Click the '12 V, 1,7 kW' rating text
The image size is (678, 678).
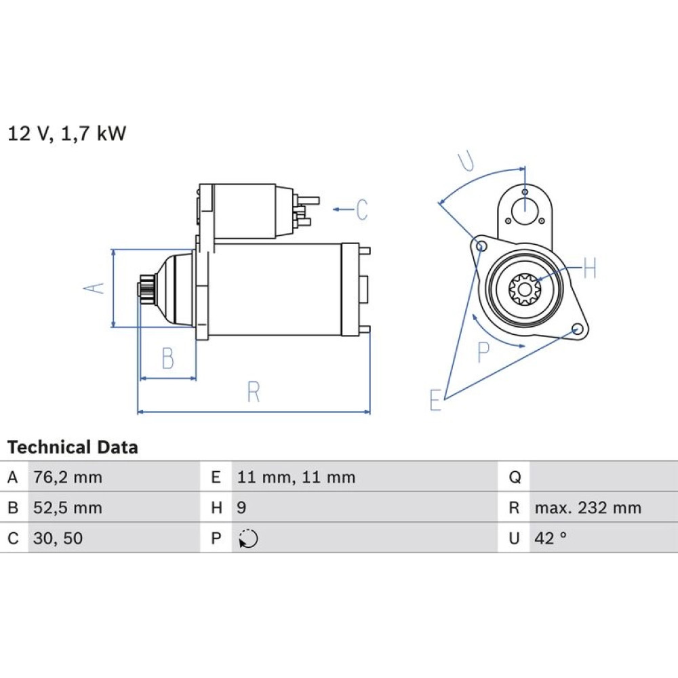[67, 133]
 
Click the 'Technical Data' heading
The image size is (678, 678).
[73, 447]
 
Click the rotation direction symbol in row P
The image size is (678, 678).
[248, 539]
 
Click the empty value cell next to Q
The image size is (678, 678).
[603, 477]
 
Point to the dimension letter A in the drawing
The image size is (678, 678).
[94, 287]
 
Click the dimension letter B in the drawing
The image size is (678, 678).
[167, 358]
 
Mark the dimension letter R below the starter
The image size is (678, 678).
[254, 392]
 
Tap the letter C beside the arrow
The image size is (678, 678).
[362, 210]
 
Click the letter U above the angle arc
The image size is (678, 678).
[466, 161]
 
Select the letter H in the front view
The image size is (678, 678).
[590, 268]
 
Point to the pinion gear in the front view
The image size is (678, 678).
[524, 288]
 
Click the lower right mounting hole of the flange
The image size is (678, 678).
[576, 330]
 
